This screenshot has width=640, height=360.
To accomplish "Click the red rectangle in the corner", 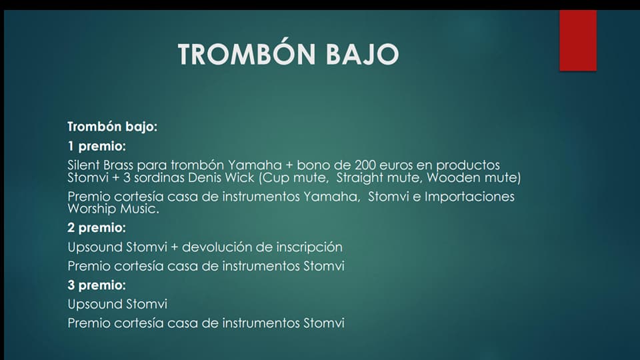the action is click(x=578, y=41).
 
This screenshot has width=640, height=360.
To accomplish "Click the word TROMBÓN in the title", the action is click(x=247, y=53).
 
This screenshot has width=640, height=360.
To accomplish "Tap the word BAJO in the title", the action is click(x=363, y=54).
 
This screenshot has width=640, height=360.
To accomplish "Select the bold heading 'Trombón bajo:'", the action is click(x=112, y=127).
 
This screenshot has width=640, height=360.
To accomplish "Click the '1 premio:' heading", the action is click(x=97, y=146).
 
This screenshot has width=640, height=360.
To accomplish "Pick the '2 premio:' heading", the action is click(x=97, y=227).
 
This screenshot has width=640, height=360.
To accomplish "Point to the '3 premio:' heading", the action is click(x=97, y=285).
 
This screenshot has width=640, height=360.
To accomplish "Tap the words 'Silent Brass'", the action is click(x=101, y=165).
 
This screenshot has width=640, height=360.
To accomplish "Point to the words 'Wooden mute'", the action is click(x=472, y=177).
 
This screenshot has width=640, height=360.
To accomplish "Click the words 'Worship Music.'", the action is click(x=113, y=209).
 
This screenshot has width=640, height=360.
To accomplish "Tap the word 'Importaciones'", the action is click(x=469, y=197).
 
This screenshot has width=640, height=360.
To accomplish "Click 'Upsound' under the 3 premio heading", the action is click(x=95, y=305).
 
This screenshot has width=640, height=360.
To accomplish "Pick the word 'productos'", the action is click(x=468, y=165).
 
